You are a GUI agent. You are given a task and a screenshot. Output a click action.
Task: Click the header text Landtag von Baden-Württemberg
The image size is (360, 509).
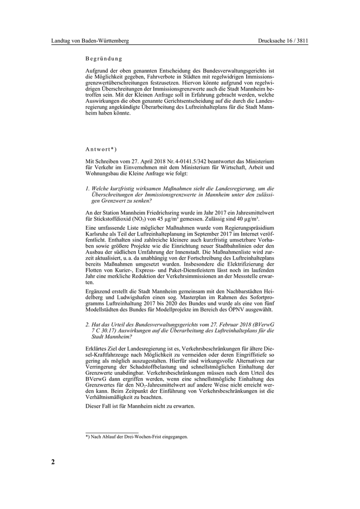click(x=90, y=41)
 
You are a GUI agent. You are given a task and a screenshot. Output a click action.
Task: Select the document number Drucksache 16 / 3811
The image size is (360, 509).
click(x=283, y=41)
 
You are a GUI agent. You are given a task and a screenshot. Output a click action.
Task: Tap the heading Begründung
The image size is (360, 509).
click(x=104, y=59)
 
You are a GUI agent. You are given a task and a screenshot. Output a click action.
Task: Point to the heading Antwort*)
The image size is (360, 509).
click(x=101, y=149)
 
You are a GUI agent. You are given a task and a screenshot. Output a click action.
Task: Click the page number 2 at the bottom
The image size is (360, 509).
click(x=53, y=461)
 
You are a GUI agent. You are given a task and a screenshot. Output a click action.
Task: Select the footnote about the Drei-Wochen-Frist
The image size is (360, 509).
click(x=136, y=437)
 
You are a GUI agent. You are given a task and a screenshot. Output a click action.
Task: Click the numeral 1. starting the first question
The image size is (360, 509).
click(x=87, y=188)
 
